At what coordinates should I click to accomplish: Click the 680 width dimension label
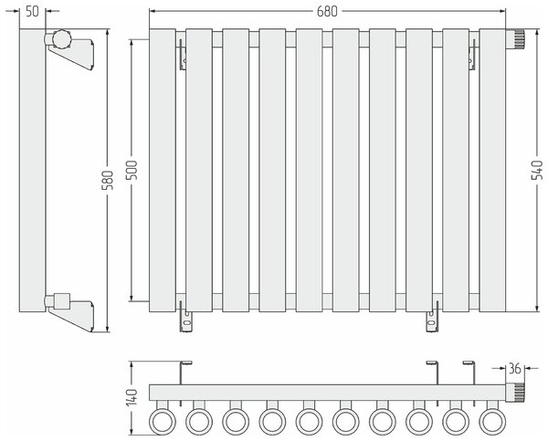327,12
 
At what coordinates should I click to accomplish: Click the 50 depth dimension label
32,11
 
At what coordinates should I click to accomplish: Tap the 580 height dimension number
108,180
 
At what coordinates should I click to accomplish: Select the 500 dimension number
132,170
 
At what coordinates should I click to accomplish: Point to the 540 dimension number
536,170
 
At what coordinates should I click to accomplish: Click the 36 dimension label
514,368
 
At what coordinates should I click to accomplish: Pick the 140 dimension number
132,398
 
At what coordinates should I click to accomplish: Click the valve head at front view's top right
515,39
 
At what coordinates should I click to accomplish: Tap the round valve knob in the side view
62,38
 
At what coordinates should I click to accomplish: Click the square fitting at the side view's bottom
62,301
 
